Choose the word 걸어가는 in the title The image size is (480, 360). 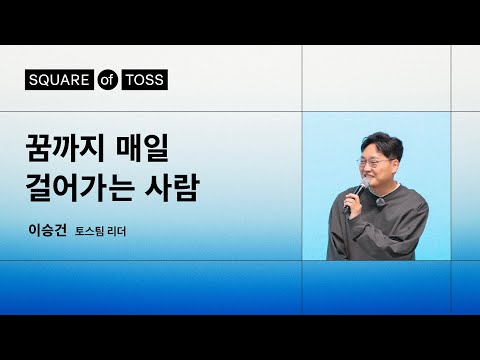point(87,186)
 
